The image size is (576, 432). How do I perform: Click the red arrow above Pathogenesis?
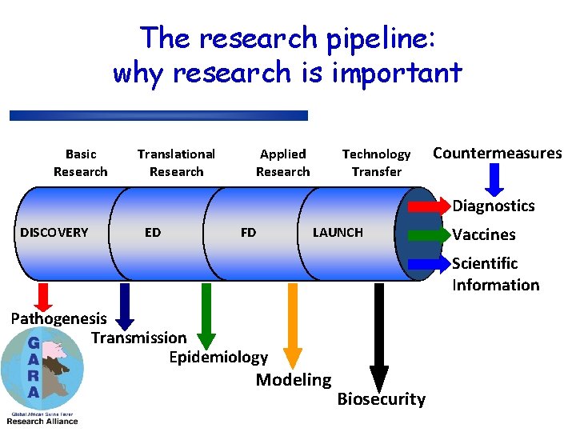44,296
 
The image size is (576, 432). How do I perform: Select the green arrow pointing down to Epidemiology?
206,316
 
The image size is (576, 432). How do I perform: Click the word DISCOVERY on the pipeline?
54,233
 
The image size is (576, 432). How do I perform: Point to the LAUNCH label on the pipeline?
338,233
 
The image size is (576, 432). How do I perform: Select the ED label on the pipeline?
152,233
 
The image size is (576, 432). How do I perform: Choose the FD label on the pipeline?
248,233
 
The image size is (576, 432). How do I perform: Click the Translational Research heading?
176,162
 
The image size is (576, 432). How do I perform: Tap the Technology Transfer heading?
376,162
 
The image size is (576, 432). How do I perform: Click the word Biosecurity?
382,399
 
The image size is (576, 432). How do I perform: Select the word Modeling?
293,380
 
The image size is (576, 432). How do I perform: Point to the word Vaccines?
484,235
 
